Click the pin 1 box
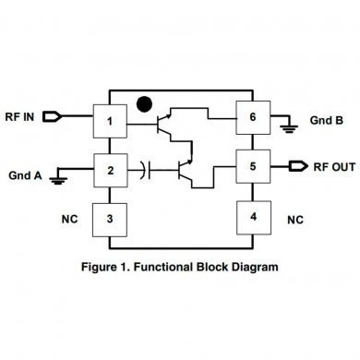pos(110,120)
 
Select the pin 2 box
pos(110,169)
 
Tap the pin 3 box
pos(110,220)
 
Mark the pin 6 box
pos(251,118)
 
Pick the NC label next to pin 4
pos(294,221)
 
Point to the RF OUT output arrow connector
pos(296,166)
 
